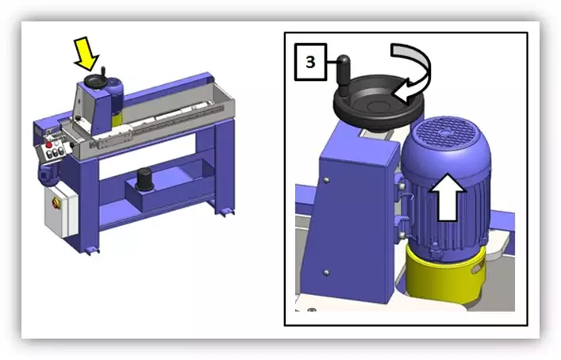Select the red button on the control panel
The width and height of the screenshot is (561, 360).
(51, 145)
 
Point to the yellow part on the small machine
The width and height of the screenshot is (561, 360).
(116, 118)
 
